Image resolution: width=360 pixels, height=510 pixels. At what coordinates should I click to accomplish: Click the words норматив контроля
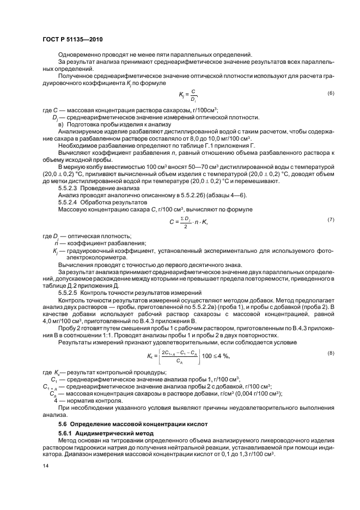tap(88, 400)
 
